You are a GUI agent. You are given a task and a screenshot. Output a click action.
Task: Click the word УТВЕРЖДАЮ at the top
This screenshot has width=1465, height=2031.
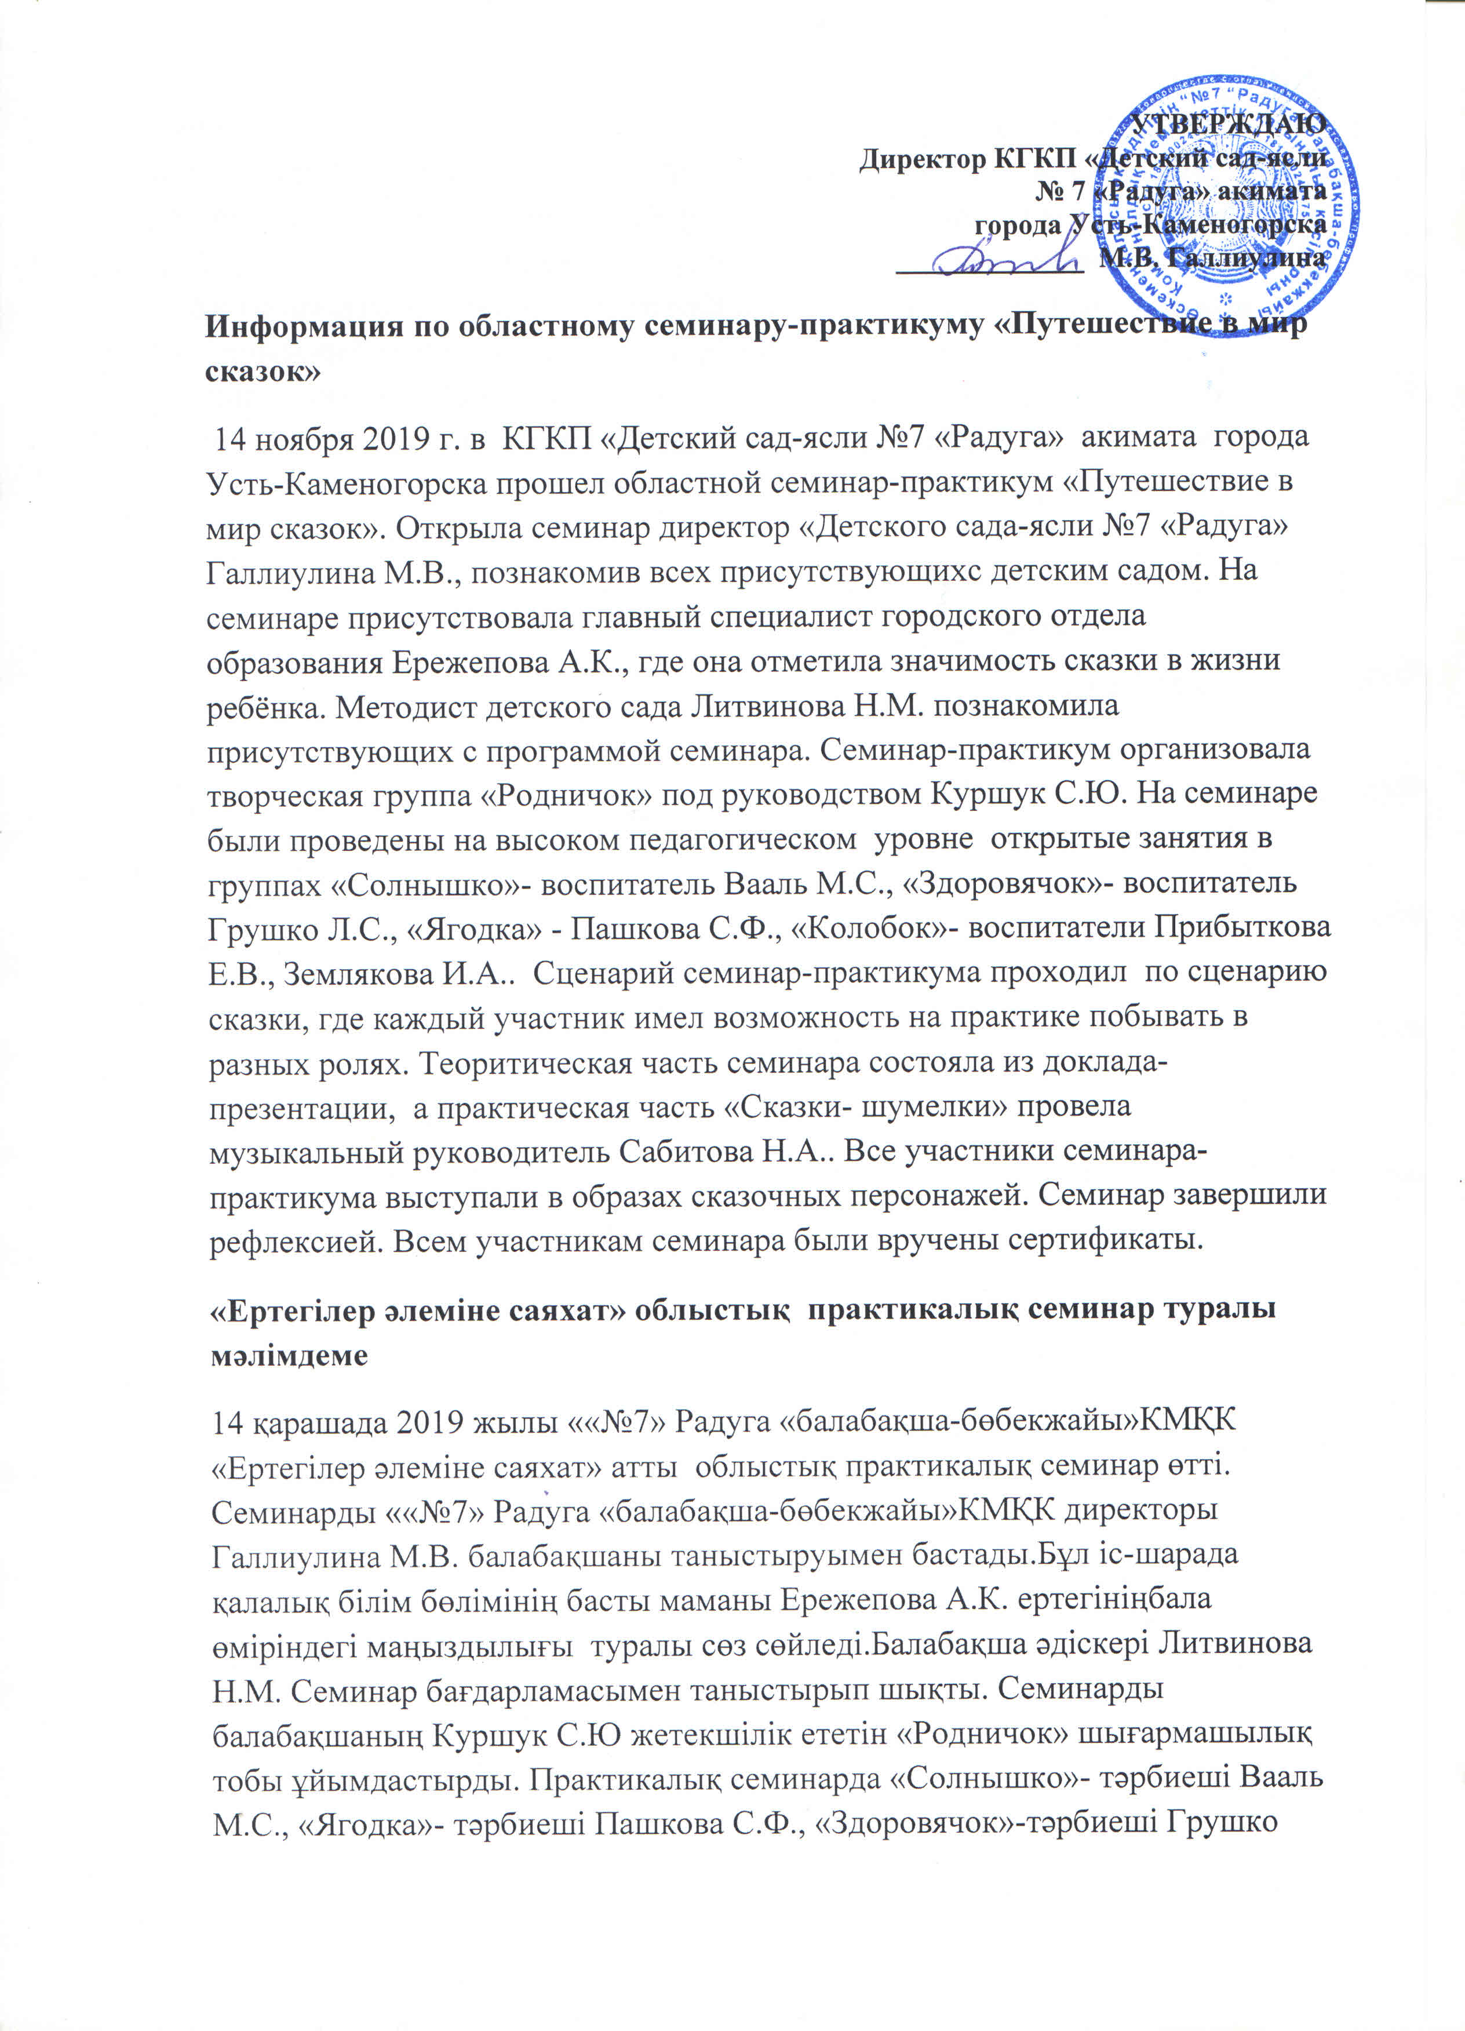click(x=1229, y=123)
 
